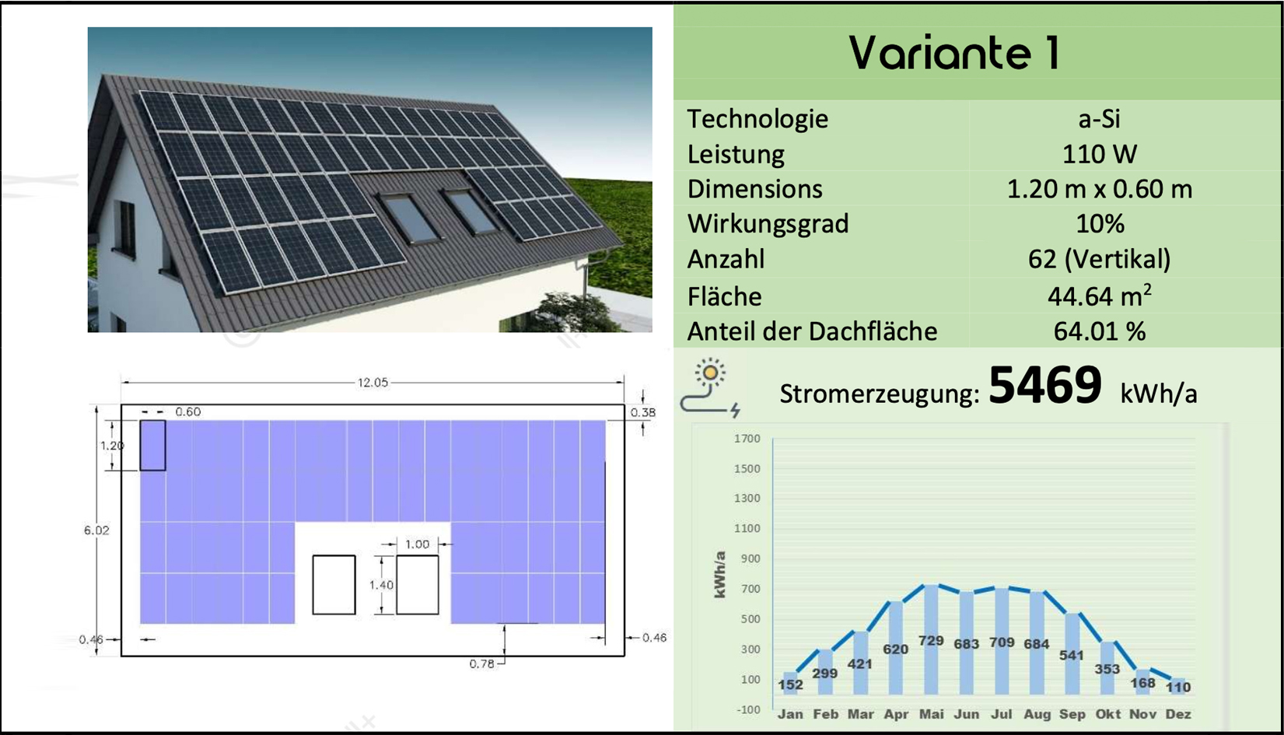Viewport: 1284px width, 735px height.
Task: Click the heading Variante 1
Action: (x=954, y=52)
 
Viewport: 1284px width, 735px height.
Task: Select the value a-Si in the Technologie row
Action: (x=1100, y=119)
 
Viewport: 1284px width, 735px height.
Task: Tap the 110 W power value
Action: (x=1100, y=154)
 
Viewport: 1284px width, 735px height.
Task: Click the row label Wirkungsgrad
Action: (x=768, y=223)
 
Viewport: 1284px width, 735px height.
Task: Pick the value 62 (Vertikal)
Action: (x=1100, y=259)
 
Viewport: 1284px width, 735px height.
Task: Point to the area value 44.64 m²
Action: (x=1100, y=296)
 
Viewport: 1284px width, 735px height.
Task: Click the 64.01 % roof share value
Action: (x=1100, y=331)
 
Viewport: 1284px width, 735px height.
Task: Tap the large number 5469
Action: (x=1045, y=384)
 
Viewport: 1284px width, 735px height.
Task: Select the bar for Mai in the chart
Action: (x=931, y=639)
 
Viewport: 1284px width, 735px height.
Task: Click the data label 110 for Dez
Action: (x=1178, y=686)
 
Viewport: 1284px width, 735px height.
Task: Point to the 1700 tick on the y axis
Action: (x=747, y=439)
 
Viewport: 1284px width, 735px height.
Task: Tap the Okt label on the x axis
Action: (x=1107, y=714)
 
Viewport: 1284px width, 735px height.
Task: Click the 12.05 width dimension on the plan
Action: (x=373, y=383)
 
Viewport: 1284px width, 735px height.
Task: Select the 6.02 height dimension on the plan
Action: (x=96, y=530)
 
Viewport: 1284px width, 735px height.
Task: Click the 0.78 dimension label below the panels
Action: (x=481, y=664)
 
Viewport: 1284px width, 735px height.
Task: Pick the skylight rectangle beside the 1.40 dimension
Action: (x=418, y=585)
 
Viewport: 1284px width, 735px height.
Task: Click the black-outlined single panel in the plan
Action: (x=153, y=446)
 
